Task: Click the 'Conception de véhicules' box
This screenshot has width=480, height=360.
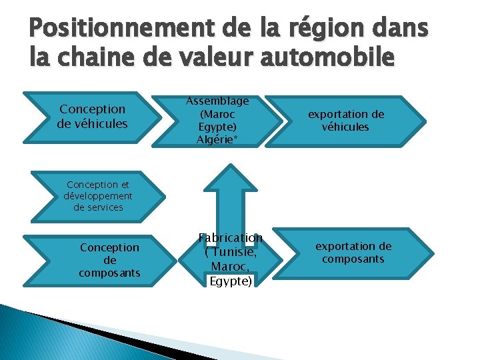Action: click(x=92, y=116)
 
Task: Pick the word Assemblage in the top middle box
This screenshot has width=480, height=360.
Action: click(x=217, y=101)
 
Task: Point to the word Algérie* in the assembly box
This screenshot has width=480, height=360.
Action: click(x=217, y=139)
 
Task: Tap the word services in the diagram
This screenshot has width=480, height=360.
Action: click(x=98, y=207)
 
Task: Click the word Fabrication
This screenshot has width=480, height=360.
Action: click(x=231, y=238)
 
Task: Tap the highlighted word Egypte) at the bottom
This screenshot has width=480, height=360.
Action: click(x=231, y=281)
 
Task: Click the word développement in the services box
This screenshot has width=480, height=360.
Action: click(x=98, y=196)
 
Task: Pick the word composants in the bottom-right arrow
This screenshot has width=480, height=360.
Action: click(x=353, y=259)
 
